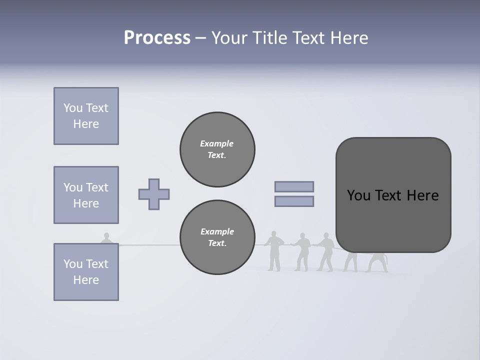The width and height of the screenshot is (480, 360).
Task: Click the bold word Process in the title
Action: point(157,38)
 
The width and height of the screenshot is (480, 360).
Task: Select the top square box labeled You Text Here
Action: point(86,116)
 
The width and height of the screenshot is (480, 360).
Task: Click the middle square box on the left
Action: point(86,195)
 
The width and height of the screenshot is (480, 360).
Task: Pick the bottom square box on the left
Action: point(86,272)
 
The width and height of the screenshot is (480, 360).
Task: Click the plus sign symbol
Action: point(154,194)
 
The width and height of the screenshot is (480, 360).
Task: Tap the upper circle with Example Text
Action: point(217,149)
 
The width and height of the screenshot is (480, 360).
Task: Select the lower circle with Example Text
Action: point(217,237)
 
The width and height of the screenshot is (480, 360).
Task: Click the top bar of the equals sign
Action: point(294,186)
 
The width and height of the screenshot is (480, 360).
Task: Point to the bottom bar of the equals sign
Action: point(294,201)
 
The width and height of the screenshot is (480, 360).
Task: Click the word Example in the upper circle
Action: point(216,143)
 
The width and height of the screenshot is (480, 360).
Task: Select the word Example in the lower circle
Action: point(217,231)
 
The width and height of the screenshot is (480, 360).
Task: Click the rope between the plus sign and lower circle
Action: point(150,245)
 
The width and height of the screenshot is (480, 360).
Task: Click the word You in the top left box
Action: point(72,108)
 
